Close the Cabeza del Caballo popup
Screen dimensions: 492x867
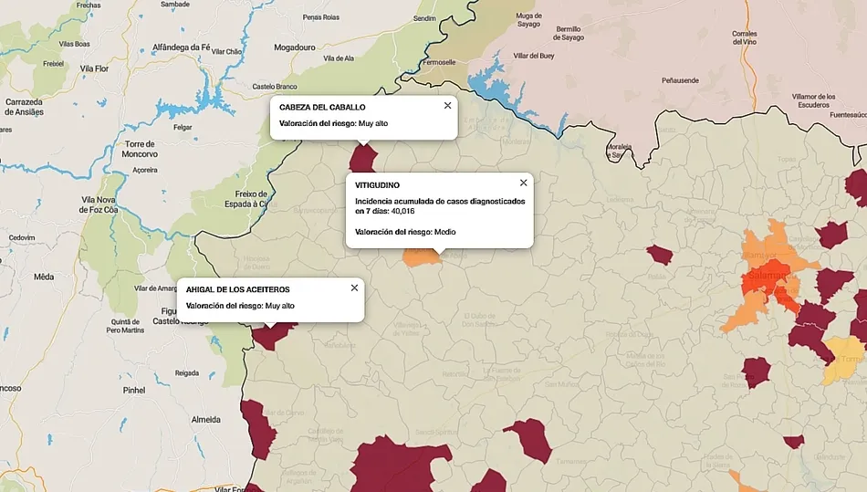[x=447, y=105]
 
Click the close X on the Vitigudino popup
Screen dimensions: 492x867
[x=523, y=183]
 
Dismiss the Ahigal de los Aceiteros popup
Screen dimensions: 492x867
[x=354, y=288]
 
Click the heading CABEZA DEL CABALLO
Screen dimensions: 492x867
[x=322, y=107]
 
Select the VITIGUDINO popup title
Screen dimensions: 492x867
[x=377, y=185]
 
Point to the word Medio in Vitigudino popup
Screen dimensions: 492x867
[x=444, y=232]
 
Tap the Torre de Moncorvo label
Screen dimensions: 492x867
[x=141, y=149]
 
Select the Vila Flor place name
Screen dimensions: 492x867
[x=95, y=68]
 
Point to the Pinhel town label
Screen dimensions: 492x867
[x=134, y=390]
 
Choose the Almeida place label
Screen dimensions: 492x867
[x=205, y=419]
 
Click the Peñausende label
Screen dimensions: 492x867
[x=680, y=80]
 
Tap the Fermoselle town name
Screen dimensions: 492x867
[x=438, y=62]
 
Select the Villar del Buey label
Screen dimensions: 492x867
[x=533, y=56]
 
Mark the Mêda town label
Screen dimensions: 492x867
[x=43, y=276]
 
